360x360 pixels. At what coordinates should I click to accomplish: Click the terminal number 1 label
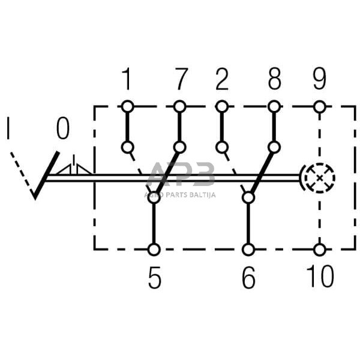coord(127,79)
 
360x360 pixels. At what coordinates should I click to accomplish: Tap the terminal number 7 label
coord(181,79)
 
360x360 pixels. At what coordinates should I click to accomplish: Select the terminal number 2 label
coord(222,79)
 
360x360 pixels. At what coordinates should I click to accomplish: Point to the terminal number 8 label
coord(275,79)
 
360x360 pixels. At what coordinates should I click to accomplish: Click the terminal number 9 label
coord(319,79)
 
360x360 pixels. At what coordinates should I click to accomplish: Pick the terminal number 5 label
coord(155,277)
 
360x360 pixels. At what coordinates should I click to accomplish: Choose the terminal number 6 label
coord(248,277)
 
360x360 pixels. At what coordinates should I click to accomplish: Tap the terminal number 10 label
coord(319,277)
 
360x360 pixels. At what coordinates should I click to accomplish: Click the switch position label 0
coord(63,128)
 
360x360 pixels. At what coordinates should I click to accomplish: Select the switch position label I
coord(8,128)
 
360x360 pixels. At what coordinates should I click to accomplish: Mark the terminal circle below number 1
coord(127,107)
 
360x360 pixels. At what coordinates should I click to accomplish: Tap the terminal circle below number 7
coord(179,107)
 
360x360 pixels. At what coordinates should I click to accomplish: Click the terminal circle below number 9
coord(319,107)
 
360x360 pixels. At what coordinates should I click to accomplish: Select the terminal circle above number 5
coord(154,249)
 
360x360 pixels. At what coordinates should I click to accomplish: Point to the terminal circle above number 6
coord(248,249)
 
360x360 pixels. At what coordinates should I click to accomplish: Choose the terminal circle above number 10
coord(319,249)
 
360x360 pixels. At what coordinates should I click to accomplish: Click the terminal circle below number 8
coord(274,107)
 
